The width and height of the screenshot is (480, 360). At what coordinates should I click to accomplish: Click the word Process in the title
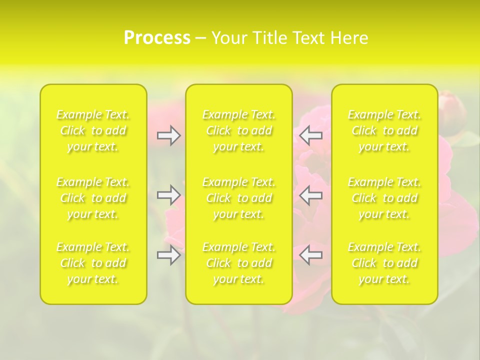157,38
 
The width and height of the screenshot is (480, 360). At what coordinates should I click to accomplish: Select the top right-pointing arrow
169,135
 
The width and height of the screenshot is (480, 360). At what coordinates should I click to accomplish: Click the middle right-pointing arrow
169,195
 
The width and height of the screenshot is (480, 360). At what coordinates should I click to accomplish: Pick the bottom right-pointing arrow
169,255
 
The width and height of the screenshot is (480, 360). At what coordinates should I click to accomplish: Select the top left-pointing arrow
311,135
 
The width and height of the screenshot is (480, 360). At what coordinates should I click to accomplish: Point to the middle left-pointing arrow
311,195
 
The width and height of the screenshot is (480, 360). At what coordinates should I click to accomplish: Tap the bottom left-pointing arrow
311,255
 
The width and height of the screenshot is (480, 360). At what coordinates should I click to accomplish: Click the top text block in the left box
93,130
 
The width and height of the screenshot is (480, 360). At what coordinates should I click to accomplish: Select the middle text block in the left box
93,198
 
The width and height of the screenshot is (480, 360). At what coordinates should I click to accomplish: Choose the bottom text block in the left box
93,263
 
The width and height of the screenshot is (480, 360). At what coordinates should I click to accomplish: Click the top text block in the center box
239,130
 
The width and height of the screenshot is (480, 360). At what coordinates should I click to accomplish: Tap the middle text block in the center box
239,198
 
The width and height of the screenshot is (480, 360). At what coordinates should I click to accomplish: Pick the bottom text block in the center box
239,263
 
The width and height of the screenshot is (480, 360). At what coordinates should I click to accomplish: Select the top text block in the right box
384,130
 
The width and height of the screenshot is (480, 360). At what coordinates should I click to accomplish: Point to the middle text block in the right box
384,198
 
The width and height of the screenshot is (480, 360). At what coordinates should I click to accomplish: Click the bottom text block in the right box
384,263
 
